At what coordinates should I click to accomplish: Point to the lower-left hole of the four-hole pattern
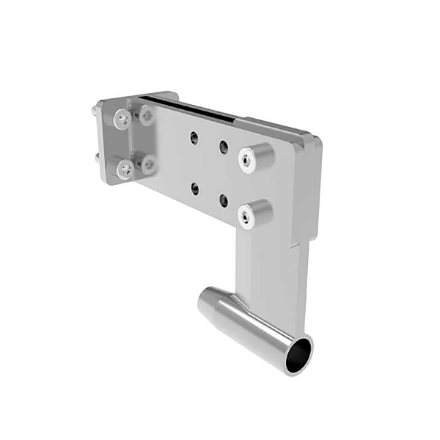194,188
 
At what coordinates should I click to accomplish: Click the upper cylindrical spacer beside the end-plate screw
147,116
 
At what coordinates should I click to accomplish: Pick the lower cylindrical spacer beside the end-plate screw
149,165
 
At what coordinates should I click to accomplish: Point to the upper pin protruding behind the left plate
96,110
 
